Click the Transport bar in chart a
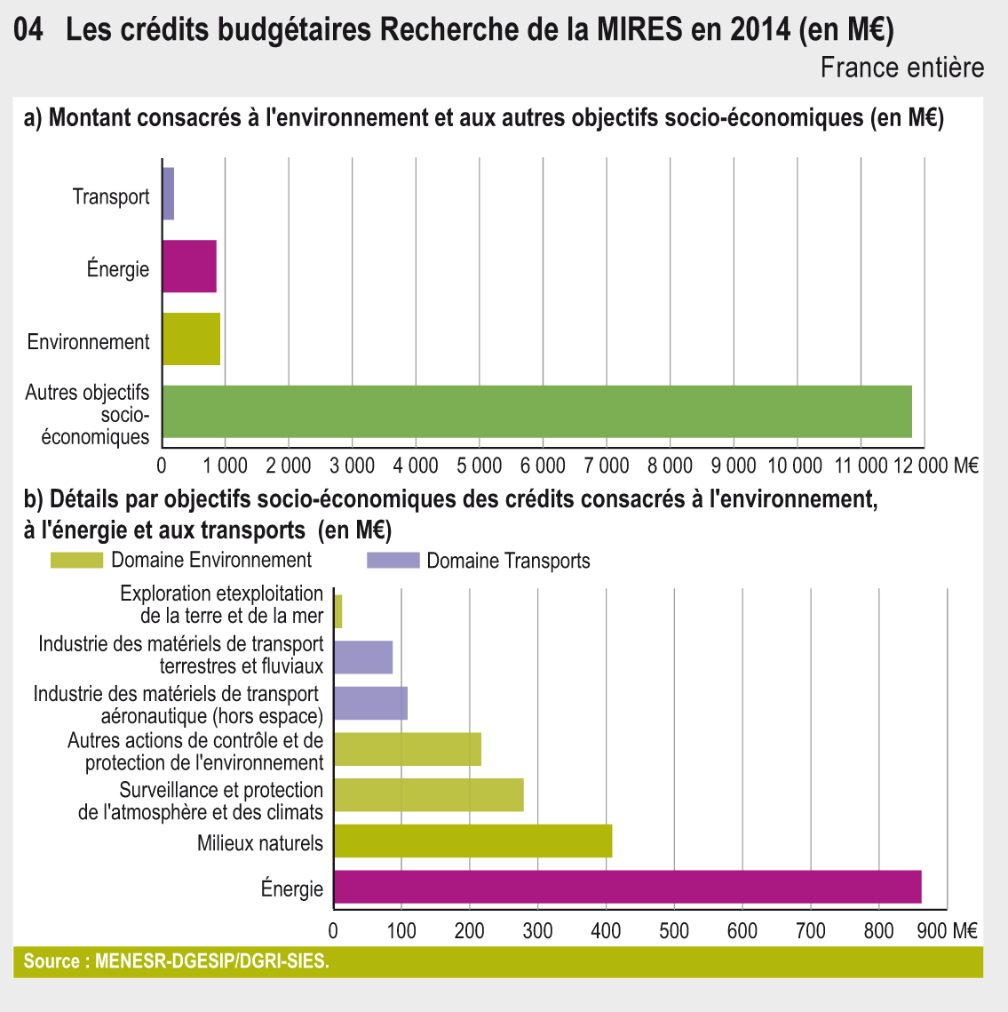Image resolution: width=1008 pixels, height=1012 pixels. click(x=168, y=194)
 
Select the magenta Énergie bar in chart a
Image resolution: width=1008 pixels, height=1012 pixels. click(x=189, y=267)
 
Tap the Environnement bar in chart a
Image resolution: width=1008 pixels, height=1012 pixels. click(x=191, y=339)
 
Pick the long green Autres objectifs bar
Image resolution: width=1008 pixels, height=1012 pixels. click(x=537, y=411)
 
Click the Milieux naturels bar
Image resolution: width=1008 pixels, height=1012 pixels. click(x=472, y=841)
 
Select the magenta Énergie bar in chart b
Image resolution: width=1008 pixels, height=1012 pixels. click(x=627, y=887)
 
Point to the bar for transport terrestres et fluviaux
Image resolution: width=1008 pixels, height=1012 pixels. click(x=363, y=657)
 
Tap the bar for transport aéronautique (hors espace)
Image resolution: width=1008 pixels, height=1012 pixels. click(x=370, y=703)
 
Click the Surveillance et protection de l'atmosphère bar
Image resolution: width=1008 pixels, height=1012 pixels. click(x=429, y=794)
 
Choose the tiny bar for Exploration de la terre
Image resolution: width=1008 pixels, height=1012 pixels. click(x=338, y=611)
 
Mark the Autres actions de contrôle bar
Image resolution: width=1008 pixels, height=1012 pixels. click(x=408, y=749)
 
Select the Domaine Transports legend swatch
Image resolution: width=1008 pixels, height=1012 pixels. click(x=393, y=560)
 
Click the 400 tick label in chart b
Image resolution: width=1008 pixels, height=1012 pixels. click(x=607, y=930)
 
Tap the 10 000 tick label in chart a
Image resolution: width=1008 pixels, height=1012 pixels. click(x=795, y=465)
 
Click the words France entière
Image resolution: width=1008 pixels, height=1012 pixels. click(x=901, y=68)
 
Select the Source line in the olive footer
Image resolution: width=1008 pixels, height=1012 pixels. click(x=176, y=961)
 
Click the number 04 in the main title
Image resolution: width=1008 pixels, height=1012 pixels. click(x=29, y=31)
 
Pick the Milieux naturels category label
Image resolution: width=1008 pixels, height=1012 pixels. click(x=259, y=842)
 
